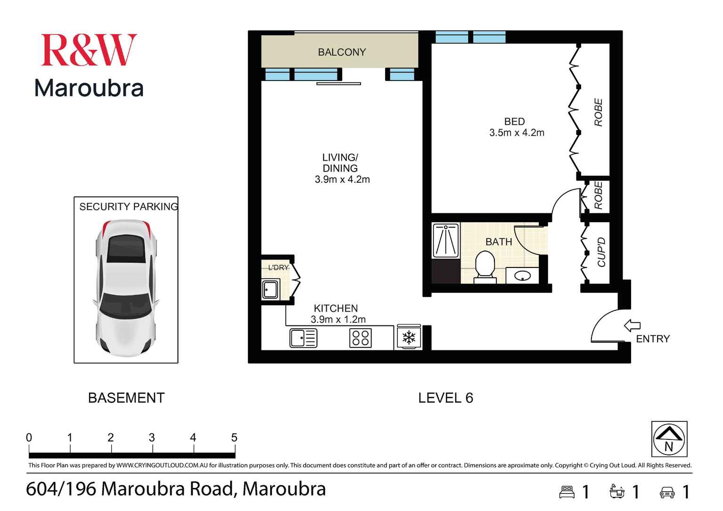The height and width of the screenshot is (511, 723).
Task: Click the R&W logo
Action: pos(89,50)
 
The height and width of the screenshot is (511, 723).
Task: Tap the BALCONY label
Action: pos(342,52)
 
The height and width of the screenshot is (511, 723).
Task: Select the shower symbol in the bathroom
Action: pos(445,241)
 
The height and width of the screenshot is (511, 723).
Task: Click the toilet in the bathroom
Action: pos(485,267)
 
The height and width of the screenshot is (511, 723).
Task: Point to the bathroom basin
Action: pos(522,276)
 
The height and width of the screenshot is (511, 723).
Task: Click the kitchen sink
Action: pos(303,338)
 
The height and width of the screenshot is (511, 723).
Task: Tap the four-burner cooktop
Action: pos(361,338)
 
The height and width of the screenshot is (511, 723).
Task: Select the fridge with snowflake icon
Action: pos(408,337)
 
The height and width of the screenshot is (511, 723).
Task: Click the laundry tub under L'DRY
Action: pos(271,289)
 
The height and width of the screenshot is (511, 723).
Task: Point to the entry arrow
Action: pos(632,325)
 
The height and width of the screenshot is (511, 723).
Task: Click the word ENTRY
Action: pos(653,339)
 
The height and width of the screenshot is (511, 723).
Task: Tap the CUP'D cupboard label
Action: pos(601,252)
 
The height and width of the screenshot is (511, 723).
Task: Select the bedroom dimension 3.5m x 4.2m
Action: pos(517,133)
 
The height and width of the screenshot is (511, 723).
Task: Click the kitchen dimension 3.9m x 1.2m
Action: pos(338,319)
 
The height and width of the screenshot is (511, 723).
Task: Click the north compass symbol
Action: pos(669,439)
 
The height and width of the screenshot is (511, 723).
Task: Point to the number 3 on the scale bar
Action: pos(152,438)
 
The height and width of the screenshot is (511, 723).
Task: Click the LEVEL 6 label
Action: pos(445,398)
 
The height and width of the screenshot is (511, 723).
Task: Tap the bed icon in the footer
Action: pos(567,492)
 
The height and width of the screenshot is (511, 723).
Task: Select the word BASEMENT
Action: pos(126,398)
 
